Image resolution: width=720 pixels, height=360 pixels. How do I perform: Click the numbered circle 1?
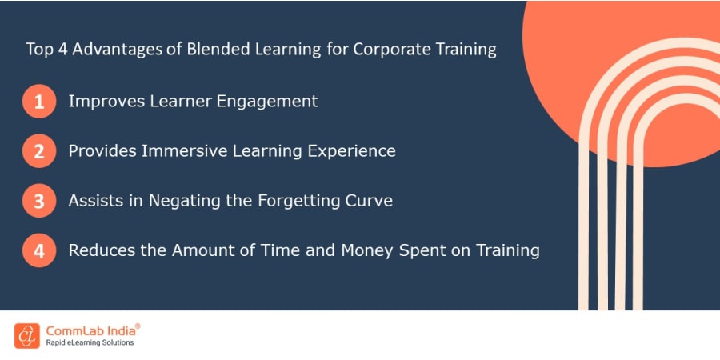[39, 102]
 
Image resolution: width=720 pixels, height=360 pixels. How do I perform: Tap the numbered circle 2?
[39, 151]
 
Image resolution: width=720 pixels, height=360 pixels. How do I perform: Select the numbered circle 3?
[39, 201]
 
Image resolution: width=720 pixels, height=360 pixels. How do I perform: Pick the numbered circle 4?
[39, 250]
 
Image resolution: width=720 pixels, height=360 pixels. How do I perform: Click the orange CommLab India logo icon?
[26, 335]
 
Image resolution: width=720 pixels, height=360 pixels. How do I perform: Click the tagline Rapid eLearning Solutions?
[90, 343]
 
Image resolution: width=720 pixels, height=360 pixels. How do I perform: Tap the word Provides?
[99, 150]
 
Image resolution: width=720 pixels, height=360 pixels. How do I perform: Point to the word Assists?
[93, 200]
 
